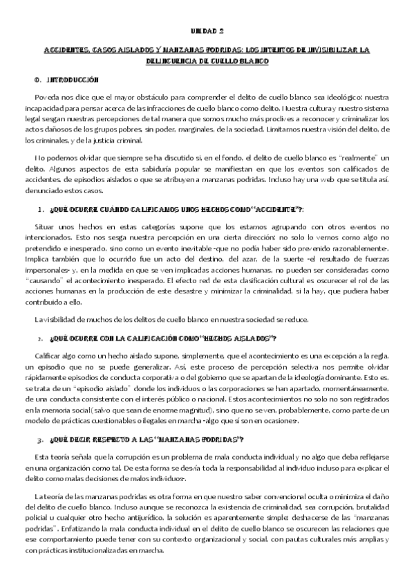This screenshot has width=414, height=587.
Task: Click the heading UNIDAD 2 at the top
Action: coord(207,31)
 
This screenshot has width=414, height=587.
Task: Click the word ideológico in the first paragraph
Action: coord(346,97)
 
